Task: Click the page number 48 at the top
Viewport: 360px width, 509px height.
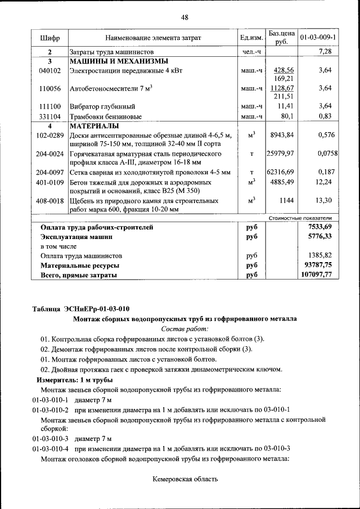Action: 184,17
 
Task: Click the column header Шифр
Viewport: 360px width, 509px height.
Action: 49,38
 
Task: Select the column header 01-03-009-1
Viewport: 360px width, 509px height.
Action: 318,38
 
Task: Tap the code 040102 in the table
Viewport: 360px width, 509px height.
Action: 49,71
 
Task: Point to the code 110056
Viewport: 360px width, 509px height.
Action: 49,88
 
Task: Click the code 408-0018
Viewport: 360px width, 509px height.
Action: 49,200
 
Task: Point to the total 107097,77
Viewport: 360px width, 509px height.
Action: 317,275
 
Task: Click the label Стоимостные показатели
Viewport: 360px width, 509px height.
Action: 300,218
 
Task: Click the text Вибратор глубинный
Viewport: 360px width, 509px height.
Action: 101,106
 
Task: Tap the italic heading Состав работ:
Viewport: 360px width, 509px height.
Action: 184,328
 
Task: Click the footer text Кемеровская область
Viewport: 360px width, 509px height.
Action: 184,480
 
